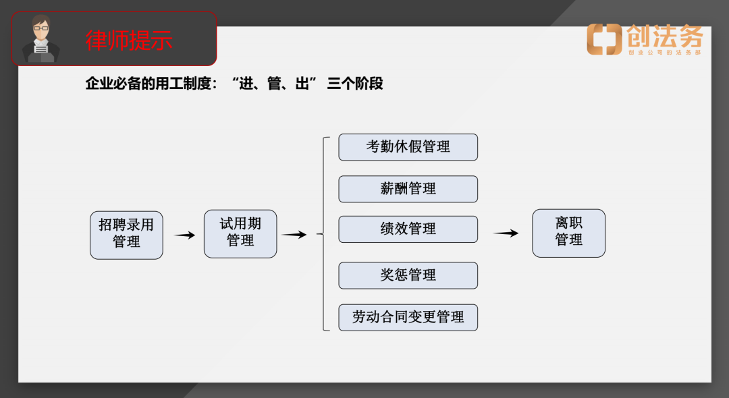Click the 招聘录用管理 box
126,234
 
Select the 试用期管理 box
240,233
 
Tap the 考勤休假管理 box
408,147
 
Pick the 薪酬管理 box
408,189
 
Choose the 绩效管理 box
408,229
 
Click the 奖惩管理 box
408,275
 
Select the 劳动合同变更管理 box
408,317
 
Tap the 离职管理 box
568,233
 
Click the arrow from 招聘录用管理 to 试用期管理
184,235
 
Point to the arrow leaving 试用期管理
294,235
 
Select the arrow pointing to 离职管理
506,233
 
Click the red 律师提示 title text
129,40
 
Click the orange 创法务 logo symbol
604,39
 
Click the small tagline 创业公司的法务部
665,52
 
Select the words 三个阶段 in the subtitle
355,84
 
